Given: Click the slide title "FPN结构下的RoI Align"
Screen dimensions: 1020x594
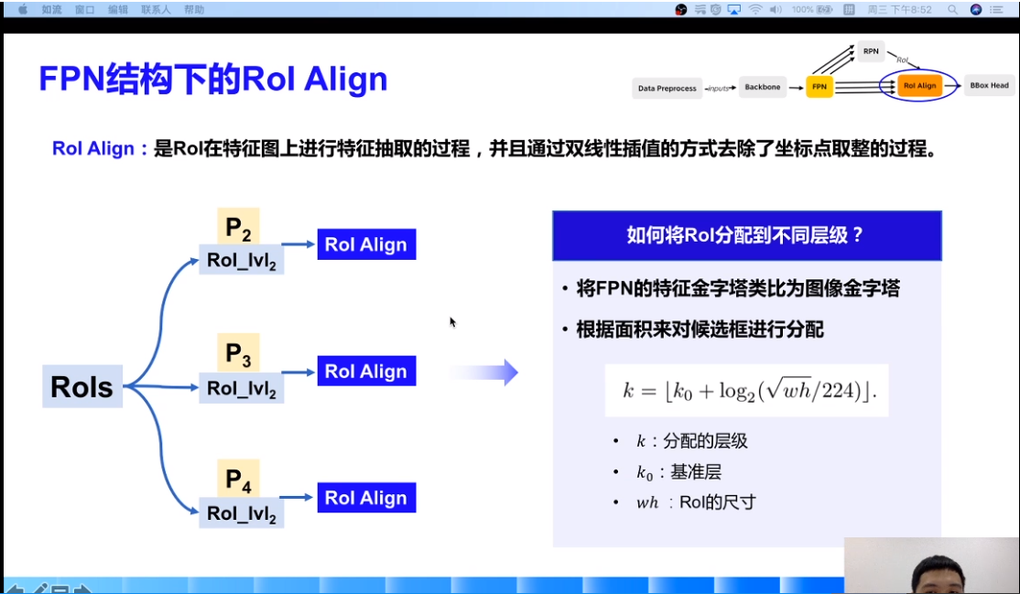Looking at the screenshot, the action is point(212,80).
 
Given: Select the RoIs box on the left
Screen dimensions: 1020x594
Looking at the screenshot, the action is point(82,386).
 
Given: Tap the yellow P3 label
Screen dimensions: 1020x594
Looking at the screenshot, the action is point(238,353).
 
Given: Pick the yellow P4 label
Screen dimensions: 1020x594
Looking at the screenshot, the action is point(238,479).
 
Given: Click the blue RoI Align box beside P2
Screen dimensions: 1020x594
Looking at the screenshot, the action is point(366,244).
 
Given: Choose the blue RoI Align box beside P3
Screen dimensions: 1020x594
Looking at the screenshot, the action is point(366,371).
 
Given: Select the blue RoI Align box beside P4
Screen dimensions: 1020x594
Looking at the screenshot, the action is point(366,497).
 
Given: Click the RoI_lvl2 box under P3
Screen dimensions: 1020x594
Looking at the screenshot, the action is point(242,388).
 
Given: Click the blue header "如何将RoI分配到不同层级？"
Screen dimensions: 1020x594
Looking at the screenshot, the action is point(746,235).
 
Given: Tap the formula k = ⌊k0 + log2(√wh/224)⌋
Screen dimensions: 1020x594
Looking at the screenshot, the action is point(747,391).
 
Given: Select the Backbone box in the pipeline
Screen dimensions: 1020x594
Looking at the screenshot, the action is point(762,87).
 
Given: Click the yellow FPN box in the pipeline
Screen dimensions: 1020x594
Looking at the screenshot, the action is point(819,87).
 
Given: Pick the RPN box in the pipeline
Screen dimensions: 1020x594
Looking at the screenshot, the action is point(870,51).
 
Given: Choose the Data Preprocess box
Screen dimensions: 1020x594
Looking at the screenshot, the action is point(667,89).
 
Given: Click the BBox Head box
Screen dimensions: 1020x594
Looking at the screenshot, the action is point(989,86).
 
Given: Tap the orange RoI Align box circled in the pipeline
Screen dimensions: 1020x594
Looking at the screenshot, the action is point(919,86).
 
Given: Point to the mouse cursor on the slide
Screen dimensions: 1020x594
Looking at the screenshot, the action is point(451,321).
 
